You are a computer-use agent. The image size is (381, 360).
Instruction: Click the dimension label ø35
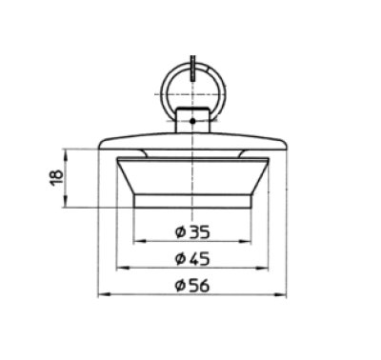point(192,230)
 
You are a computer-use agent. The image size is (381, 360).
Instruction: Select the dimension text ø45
point(192,258)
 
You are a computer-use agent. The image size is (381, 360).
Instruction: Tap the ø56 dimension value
point(192,287)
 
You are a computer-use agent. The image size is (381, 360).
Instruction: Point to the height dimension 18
point(57,177)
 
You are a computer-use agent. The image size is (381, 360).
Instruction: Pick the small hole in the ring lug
point(192,121)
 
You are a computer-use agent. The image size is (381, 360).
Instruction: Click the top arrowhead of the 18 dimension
point(66,151)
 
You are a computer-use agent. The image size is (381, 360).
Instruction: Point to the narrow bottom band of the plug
point(192,201)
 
